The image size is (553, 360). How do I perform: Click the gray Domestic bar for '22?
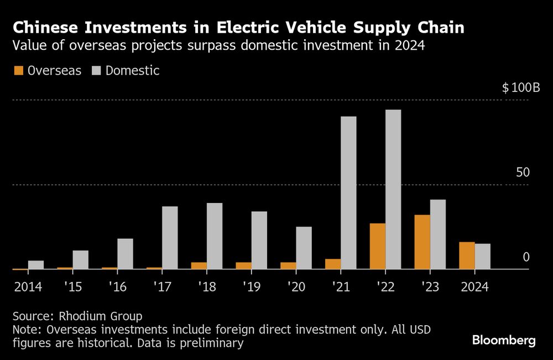point(393,189)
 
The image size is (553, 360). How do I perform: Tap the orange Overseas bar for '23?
point(422,242)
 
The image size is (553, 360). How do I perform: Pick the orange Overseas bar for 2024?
point(467,255)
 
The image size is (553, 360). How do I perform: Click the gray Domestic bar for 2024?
point(482,256)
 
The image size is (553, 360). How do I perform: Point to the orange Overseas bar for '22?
point(378,246)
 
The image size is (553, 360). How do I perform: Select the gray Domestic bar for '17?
point(170,238)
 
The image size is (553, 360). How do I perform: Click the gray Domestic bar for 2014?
point(36,265)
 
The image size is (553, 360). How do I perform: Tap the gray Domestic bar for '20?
point(304,248)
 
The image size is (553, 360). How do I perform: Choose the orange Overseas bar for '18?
point(199,265)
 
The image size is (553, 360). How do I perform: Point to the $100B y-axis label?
point(520,88)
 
